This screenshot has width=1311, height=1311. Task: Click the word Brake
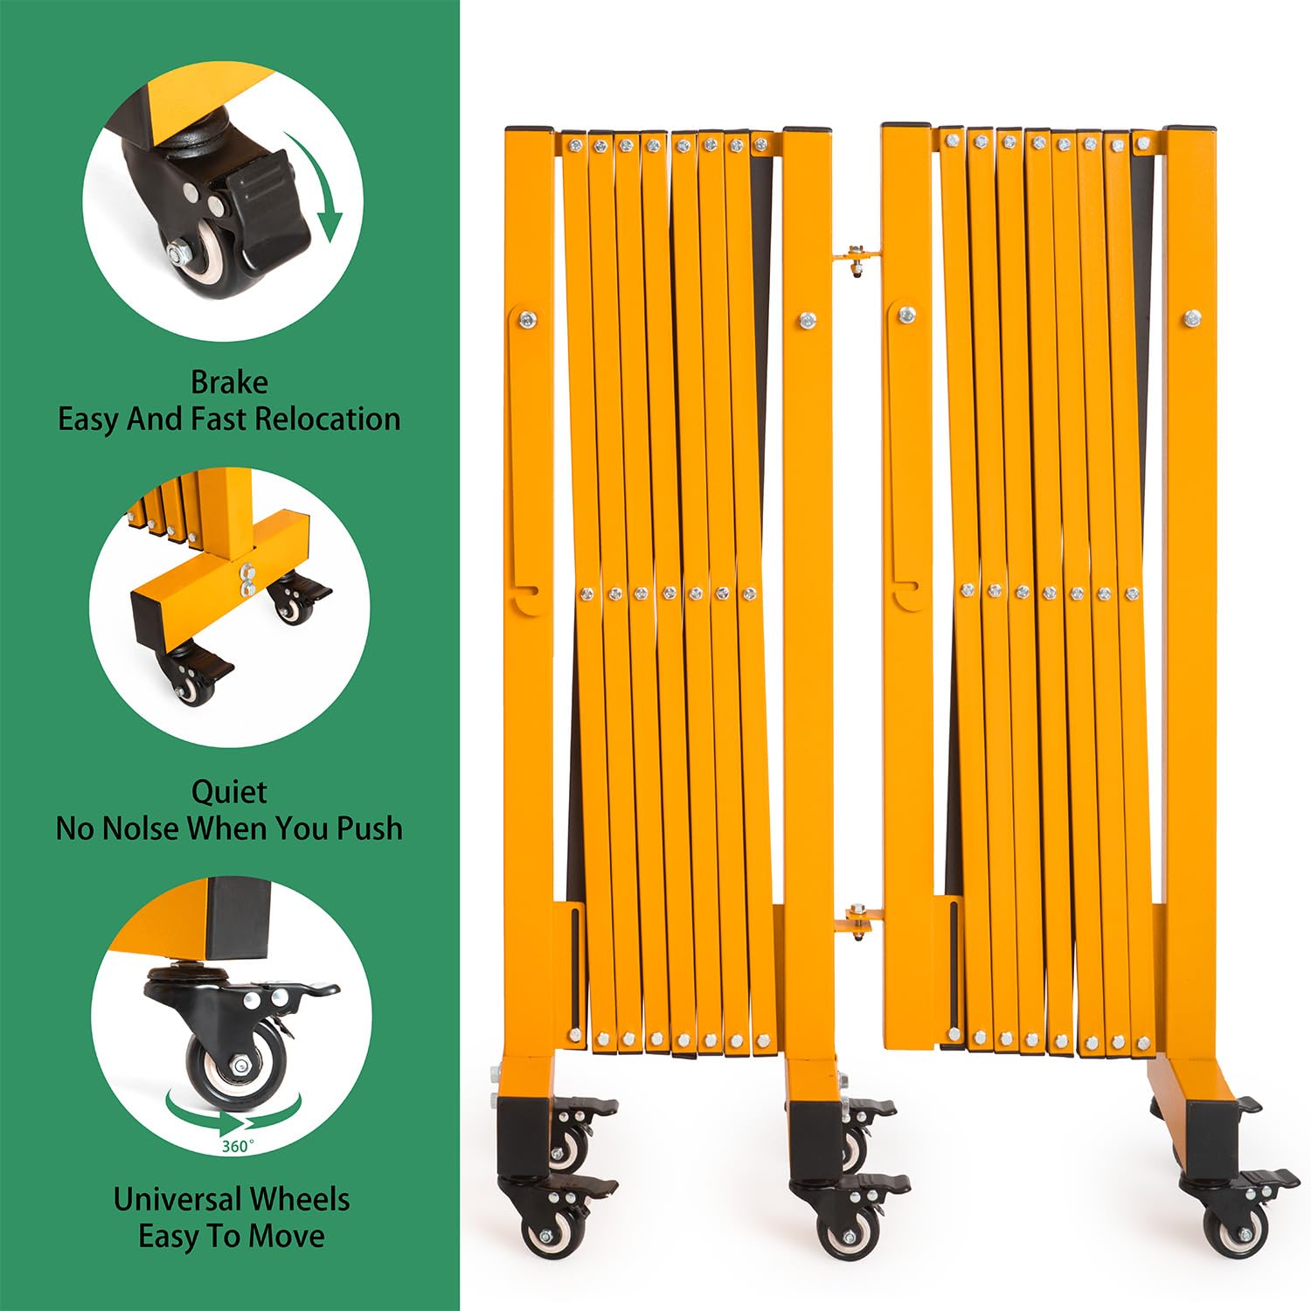point(229,382)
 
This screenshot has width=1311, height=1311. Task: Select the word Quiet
point(229,792)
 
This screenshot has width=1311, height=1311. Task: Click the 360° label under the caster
point(238,1145)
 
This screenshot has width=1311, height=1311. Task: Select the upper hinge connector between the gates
point(857,257)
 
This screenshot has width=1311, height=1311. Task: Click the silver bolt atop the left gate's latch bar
point(528,320)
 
